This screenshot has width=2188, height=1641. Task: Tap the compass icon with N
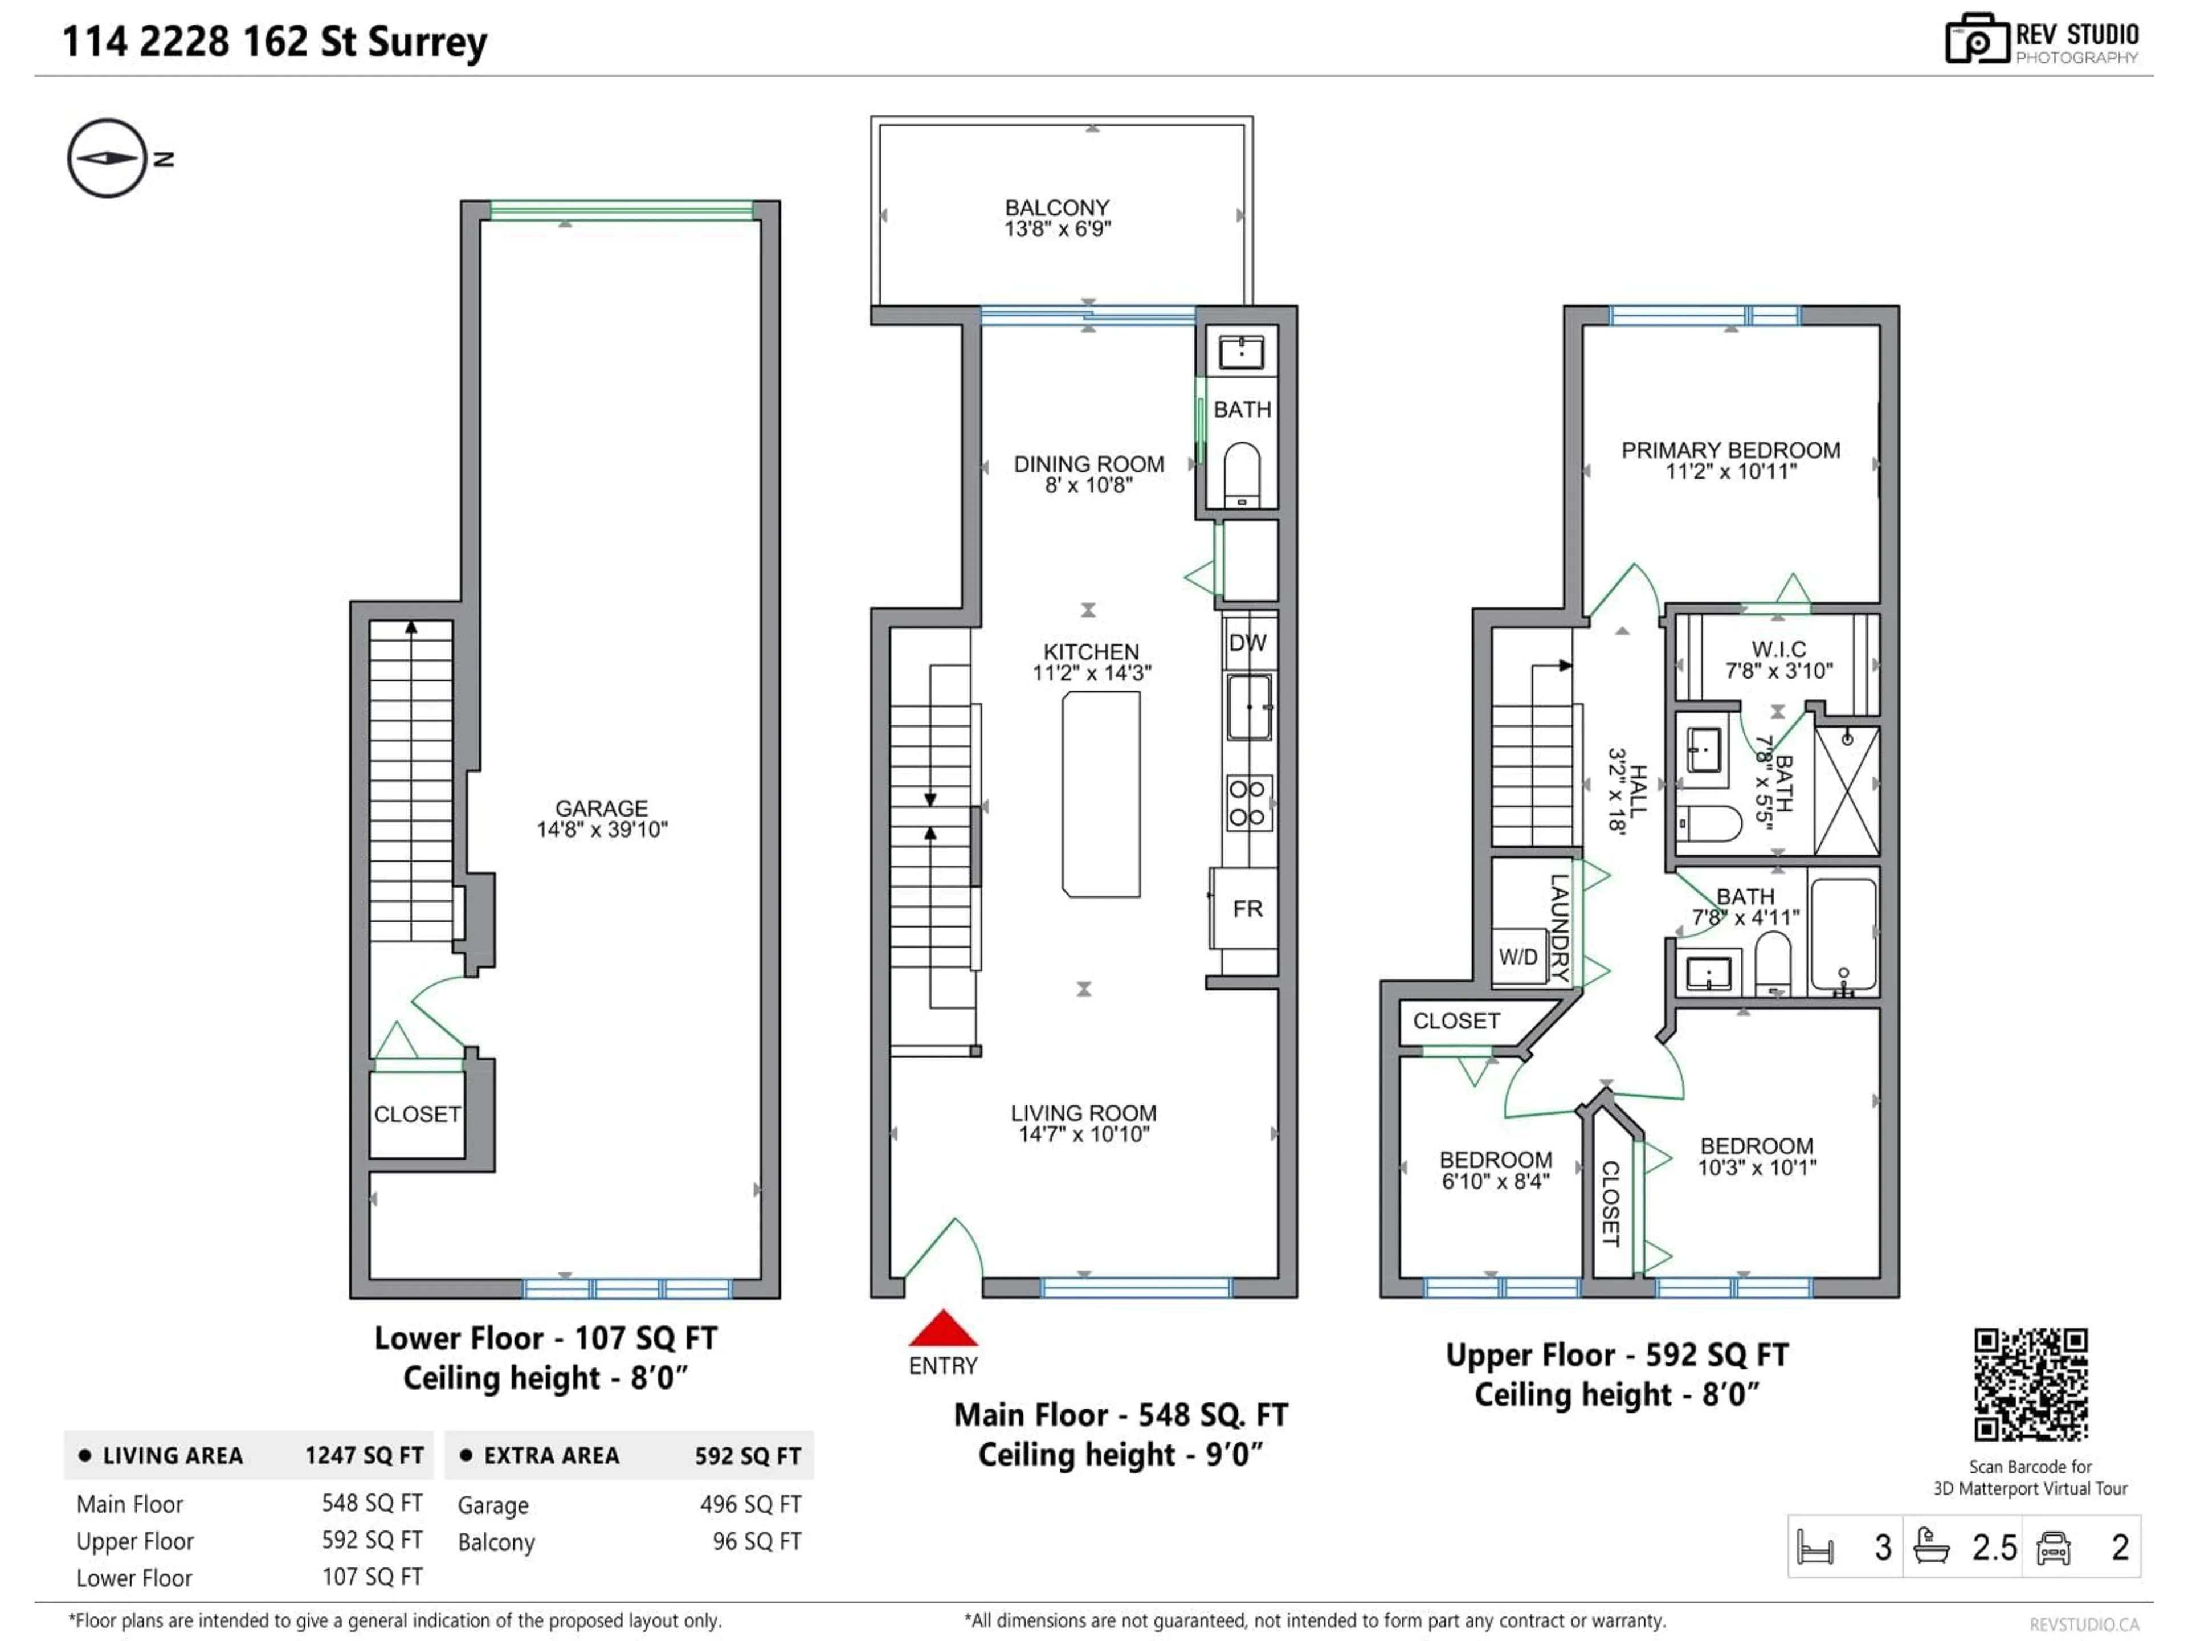tap(107, 158)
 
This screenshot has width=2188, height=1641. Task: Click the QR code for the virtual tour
tap(2031, 1384)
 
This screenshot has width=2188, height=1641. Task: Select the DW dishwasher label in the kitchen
tap(1247, 643)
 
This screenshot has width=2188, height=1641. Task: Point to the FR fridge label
tap(1247, 909)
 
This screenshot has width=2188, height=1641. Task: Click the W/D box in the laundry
tap(1518, 957)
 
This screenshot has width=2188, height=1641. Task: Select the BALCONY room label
tap(1056, 208)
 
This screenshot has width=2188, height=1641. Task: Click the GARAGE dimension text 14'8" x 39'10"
tap(601, 830)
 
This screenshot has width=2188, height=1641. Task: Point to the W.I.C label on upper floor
tap(1778, 649)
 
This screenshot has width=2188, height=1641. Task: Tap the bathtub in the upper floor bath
tap(1843, 935)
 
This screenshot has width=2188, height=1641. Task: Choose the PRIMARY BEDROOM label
tap(1730, 450)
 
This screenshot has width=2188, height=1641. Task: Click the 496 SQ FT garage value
tap(750, 1504)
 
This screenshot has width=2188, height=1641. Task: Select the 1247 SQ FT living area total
tap(364, 1455)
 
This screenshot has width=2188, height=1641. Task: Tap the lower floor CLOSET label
tap(417, 1114)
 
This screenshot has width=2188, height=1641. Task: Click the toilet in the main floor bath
tap(1242, 473)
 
